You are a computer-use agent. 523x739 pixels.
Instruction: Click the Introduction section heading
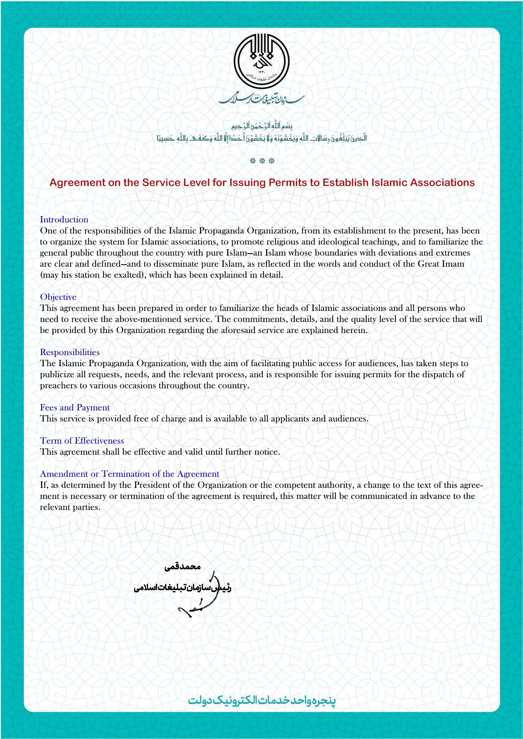click(x=64, y=220)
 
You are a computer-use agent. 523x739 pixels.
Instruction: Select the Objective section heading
click(x=58, y=297)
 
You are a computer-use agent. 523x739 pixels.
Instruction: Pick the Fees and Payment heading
click(x=75, y=408)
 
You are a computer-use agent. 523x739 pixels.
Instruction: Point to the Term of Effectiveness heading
click(x=82, y=441)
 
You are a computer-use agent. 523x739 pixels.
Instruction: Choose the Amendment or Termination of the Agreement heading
click(x=129, y=474)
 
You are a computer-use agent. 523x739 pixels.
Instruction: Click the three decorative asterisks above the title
click(x=262, y=161)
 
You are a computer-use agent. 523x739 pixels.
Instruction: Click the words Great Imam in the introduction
click(x=441, y=264)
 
